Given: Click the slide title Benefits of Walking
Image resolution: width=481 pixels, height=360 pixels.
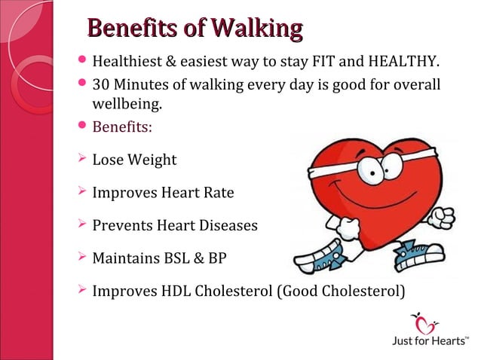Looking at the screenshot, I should pyautogui.click(x=195, y=29).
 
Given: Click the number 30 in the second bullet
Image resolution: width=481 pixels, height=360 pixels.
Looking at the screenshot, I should pyautogui.click(x=100, y=85).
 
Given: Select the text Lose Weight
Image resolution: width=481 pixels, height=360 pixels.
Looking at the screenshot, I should pyautogui.click(x=134, y=160).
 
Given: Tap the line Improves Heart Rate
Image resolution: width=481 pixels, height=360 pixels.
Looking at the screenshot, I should pyautogui.click(x=162, y=193).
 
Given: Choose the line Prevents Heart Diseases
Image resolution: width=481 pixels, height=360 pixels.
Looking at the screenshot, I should pyautogui.click(x=174, y=225).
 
